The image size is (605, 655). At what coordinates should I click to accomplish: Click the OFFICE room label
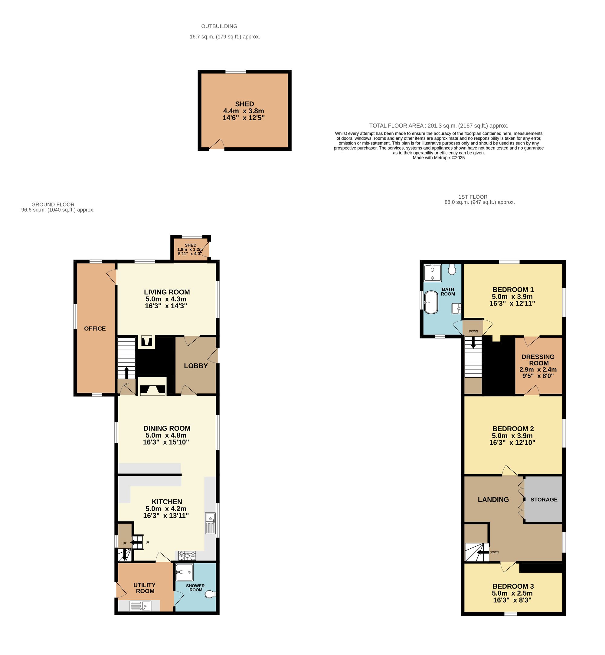(x=95, y=329)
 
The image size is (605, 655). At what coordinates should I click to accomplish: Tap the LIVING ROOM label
(x=167, y=292)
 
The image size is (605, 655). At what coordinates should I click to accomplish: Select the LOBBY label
(x=196, y=366)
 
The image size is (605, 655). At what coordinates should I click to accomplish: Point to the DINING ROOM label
(x=167, y=428)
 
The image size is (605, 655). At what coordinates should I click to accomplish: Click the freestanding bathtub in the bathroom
(x=431, y=303)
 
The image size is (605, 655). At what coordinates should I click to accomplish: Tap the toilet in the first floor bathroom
(x=452, y=270)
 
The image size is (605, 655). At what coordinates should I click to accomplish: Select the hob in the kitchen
(x=187, y=556)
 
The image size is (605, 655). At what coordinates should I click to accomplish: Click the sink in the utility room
(x=140, y=606)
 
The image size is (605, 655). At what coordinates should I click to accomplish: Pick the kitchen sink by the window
(x=210, y=523)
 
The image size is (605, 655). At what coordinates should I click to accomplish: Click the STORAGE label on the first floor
(x=544, y=499)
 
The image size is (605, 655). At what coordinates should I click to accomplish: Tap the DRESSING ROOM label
(x=538, y=360)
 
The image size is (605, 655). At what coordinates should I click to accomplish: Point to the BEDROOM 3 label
(x=513, y=586)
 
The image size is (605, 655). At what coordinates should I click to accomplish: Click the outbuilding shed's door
(x=217, y=145)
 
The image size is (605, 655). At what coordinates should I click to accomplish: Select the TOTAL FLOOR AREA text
(x=438, y=126)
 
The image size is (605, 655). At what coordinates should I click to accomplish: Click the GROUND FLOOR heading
(x=53, y=204)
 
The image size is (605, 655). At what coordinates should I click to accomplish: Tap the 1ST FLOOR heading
(x=473, y=197)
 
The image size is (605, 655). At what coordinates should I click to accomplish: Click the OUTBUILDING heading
(x=219, y=26)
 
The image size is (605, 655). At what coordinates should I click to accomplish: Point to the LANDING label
(x=493, y=499)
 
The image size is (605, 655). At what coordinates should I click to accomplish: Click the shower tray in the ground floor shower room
(x=185, y=572)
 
